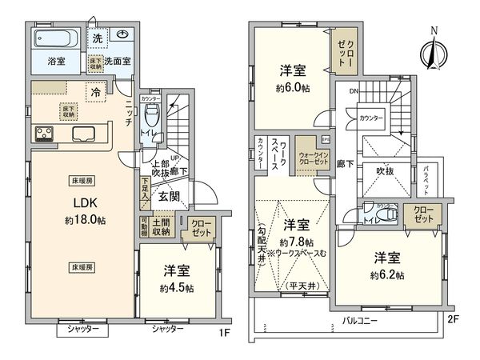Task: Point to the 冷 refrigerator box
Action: point(95,90)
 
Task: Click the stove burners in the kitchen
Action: point(43,134)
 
